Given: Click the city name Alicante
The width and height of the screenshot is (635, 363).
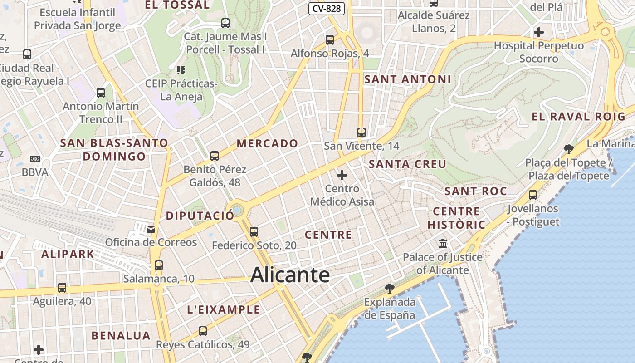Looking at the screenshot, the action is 290,275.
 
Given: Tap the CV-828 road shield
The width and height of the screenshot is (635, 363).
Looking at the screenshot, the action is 327,8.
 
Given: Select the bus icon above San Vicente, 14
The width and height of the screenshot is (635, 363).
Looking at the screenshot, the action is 361,132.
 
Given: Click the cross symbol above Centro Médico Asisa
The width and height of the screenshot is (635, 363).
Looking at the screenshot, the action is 342,175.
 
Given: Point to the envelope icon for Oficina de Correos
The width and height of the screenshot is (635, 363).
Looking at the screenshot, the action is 151,229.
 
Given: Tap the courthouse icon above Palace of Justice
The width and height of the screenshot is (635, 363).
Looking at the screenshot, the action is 443,244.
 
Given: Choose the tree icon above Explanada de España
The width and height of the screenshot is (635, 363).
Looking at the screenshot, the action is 389,288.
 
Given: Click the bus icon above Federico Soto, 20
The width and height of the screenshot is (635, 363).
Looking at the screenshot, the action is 254,232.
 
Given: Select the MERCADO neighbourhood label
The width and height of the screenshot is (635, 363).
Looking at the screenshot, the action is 267,144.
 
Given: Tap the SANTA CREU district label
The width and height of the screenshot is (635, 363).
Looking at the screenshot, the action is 407,164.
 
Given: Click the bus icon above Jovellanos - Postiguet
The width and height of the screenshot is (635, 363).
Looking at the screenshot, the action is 533,195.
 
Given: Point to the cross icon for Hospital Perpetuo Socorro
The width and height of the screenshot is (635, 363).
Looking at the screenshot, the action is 539,32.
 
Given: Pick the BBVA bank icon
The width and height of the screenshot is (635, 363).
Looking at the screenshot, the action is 35,159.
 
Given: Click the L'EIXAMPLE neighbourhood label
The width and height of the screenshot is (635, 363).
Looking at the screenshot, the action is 224,310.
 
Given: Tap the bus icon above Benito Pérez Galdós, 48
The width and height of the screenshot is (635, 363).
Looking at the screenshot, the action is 215,156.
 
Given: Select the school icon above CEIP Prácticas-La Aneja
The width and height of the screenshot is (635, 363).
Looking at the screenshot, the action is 181,70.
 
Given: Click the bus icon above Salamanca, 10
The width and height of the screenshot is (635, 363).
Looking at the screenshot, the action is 158,265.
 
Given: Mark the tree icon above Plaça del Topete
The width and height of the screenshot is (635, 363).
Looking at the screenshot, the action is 568,149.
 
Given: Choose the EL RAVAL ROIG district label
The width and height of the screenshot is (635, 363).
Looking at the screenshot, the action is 578,117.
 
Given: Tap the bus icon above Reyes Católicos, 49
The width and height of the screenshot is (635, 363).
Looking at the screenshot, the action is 203,331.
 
